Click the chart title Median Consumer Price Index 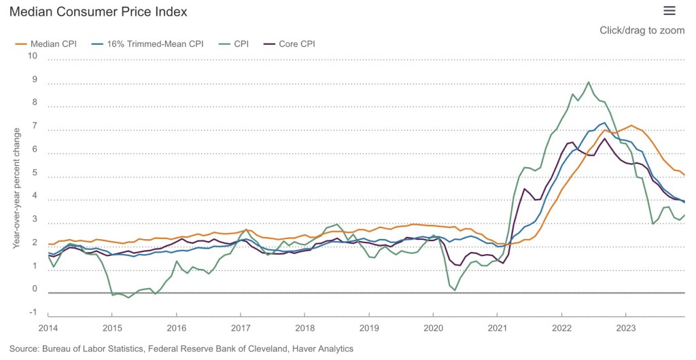pyautogui.click(x=99, y=12)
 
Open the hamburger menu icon pyautogui.click(x=669, y=10)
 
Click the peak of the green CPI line pyautogui.click(x=588, y=82)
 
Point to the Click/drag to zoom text pyautogui.click(x=642, y=31)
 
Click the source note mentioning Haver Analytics pyautogui.click(x=181, y=348)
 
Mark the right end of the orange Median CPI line pyautogui.click(x=684, y=175)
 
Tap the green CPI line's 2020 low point pyautogui.click(x=455, y=290)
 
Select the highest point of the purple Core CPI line pyautogui.click(x=605, y=139)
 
